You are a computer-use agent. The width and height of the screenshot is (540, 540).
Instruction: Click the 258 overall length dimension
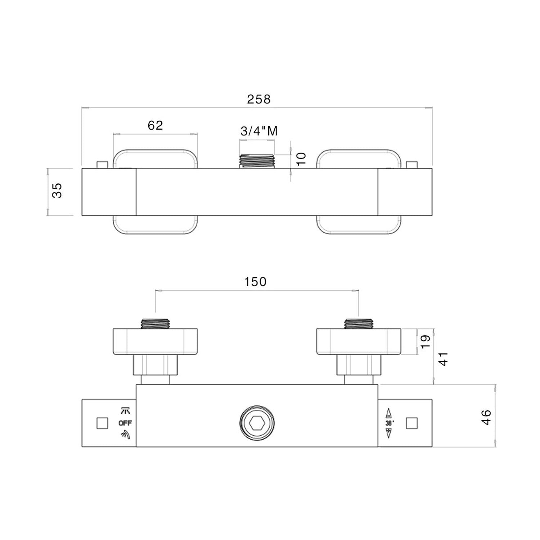point(258,99)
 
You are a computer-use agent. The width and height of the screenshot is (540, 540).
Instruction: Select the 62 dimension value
point(155,125)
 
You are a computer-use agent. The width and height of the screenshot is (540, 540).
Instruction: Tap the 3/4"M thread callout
point(259,131)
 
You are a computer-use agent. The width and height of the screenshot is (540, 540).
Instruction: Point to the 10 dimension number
point(301,158)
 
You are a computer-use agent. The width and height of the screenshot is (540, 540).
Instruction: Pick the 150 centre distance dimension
point(255,282)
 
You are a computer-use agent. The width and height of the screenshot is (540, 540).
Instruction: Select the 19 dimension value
point(425,341)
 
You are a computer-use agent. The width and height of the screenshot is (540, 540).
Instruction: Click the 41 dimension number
point(444,359)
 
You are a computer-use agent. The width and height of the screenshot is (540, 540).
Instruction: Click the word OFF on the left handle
point(125,423)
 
